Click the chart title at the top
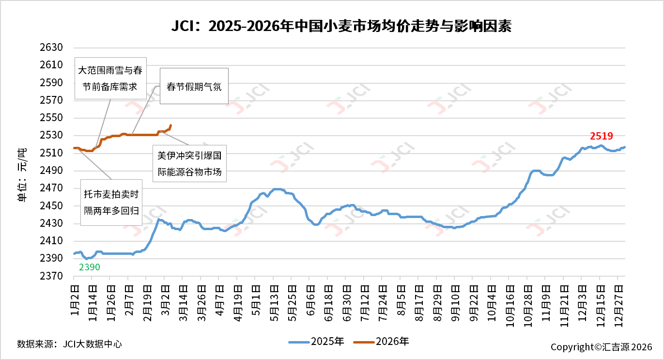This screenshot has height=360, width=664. (341, 26)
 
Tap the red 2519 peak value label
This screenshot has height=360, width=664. (602, 136)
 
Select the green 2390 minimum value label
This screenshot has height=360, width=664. (90, 267)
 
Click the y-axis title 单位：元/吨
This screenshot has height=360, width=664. (22, 175)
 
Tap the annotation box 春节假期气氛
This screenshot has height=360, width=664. (194, 87)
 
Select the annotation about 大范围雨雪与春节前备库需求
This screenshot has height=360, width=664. (110, 78)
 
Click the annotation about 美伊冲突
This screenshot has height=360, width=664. (189, 164)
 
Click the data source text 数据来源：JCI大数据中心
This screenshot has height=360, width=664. (69, 344)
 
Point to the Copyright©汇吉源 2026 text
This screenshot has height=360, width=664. (601, 347)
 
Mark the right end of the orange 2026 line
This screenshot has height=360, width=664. (171, 125)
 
